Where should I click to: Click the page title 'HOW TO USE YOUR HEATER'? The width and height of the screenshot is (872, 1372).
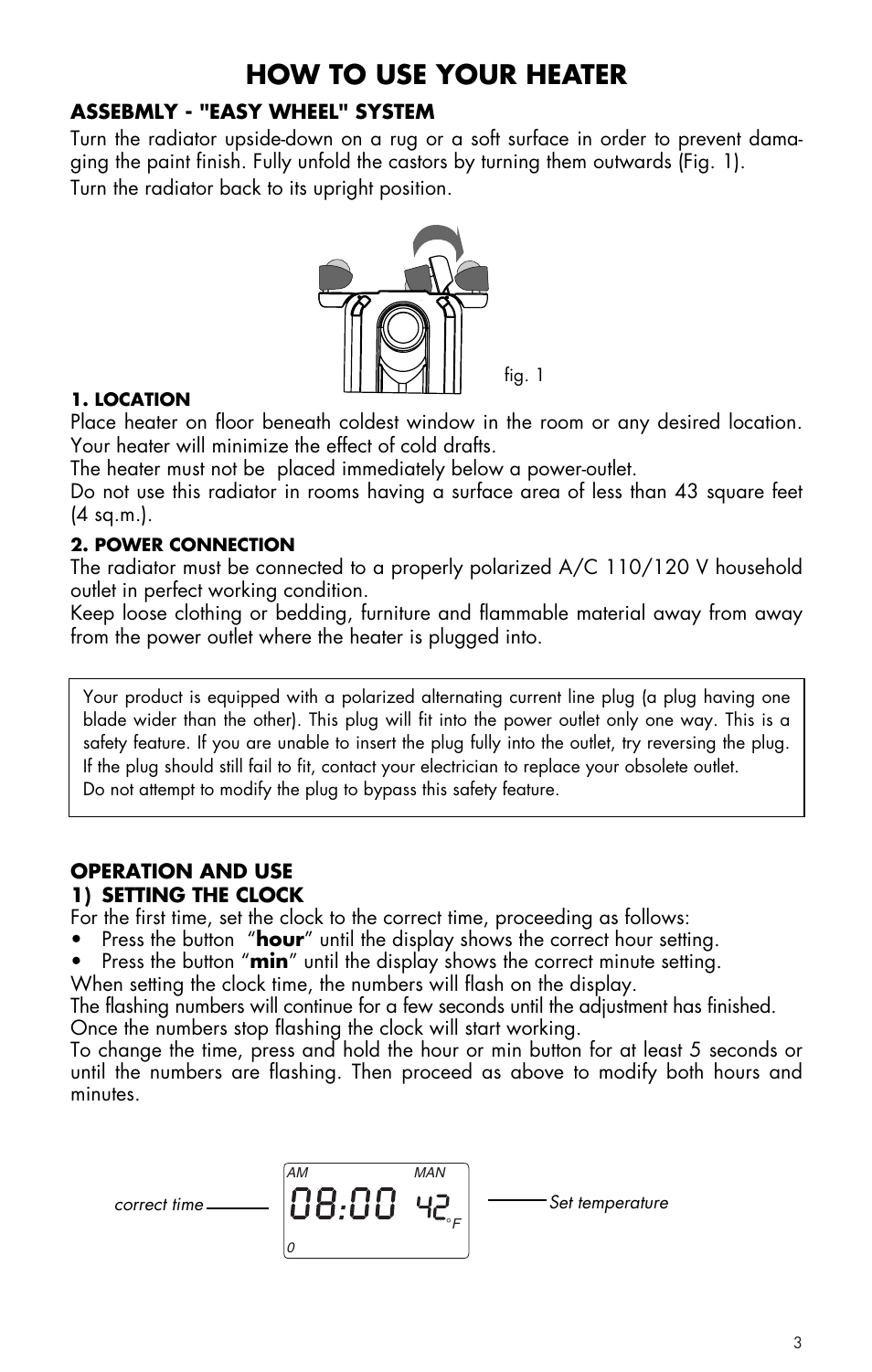click(436, 74)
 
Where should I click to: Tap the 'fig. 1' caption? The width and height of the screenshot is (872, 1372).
click(524, 375)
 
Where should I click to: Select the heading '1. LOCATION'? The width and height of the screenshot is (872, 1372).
click(131, 399)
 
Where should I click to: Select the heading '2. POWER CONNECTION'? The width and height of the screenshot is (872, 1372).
click(183, 545)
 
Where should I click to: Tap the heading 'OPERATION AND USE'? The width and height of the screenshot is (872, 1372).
click(181, 871)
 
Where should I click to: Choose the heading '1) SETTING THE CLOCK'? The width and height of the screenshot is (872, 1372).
click(186, 895)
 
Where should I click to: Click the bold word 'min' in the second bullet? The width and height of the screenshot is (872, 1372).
click(269, 962)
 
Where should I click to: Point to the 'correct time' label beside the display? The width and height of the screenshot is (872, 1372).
click(159, 1205)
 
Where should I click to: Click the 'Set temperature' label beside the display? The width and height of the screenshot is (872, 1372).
click(609, 1203)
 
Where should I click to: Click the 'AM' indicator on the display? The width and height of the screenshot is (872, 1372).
click(297, 1173)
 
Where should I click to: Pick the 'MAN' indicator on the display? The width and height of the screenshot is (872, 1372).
click(430, 1173)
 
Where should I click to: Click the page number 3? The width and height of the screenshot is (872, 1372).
click(797, 1343)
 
